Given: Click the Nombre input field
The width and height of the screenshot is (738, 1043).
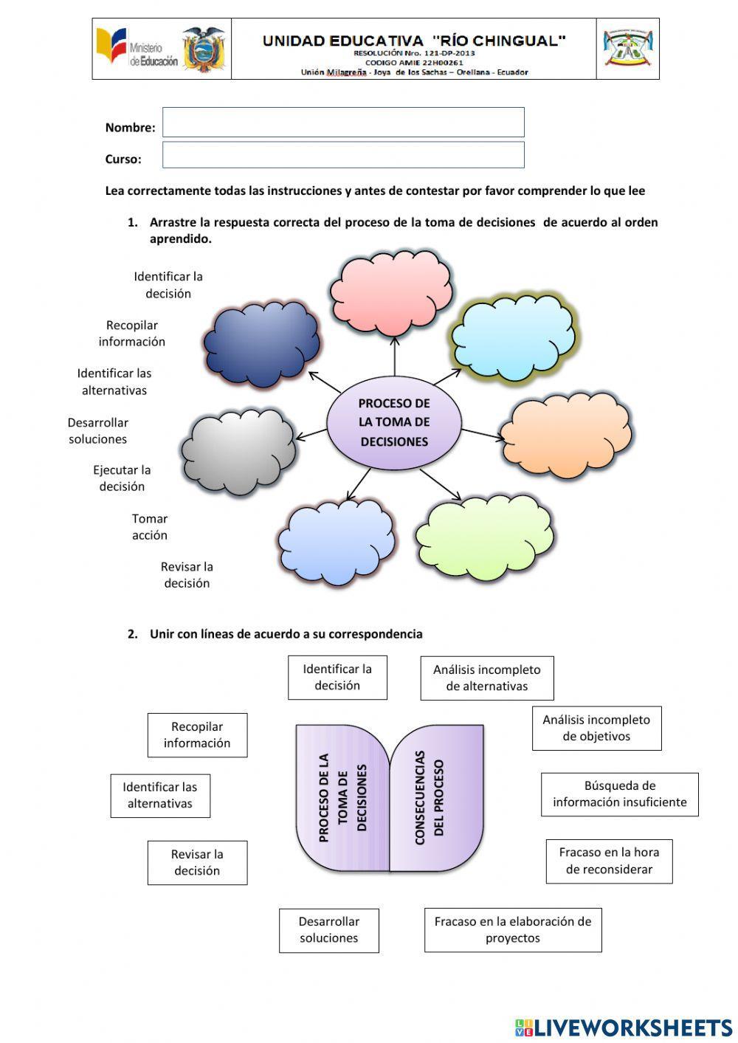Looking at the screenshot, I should point(343,123).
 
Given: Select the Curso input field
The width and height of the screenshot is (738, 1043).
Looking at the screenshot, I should point(343,155).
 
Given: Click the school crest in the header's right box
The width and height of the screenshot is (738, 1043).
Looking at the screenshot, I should point(627,49).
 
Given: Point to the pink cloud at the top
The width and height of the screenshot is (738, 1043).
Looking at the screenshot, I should point(390,293).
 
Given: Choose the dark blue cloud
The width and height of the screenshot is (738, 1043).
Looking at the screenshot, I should point(262,343).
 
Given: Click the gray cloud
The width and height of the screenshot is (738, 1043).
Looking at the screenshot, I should point(238,450).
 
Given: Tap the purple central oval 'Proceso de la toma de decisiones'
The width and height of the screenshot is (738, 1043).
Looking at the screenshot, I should point(394,423).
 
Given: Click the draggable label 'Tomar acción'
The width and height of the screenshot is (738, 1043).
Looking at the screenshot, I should point(150,527).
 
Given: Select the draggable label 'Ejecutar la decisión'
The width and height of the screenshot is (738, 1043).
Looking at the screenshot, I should point(122,478).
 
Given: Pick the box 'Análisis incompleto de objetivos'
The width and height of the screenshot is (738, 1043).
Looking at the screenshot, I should point(596,728).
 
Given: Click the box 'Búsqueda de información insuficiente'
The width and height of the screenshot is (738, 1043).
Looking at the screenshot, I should point(619,794).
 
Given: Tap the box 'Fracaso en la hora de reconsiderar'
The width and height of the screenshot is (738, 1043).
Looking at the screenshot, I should point(609,861).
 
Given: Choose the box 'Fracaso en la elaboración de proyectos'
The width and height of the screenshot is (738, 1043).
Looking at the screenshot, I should point(513,930).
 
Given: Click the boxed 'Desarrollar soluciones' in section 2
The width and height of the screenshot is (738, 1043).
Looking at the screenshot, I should point(329,930).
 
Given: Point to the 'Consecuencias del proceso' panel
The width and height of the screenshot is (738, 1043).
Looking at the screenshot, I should point(437,797).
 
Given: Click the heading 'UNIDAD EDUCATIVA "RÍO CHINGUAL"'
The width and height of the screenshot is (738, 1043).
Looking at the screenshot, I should point(414,41).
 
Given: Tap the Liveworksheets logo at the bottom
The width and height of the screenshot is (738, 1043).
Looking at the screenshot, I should point(624,1027).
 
